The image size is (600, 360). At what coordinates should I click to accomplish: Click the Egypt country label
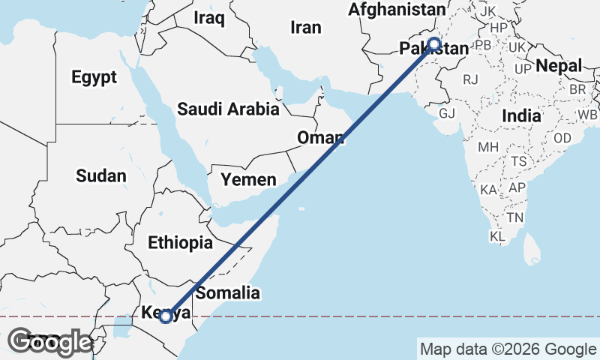click(94, 76)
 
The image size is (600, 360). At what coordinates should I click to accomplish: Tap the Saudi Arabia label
click(228, 109)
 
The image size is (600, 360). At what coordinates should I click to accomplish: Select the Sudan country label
click(100, 176)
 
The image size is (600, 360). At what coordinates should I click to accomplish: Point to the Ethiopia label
click(180, 243)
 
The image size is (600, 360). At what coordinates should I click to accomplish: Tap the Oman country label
click(320, 138)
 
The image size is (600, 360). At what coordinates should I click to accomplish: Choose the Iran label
click(305, 28)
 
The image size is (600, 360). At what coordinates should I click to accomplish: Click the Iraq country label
click(209, 17)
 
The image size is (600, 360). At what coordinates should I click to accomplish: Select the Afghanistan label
click(397, 10)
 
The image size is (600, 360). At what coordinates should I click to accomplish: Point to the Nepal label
click(559, 66)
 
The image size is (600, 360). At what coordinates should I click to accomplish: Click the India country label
click(521, 116)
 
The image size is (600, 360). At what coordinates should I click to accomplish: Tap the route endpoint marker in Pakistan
click(434, 44)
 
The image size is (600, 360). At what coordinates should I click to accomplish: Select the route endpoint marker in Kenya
click(166, 316)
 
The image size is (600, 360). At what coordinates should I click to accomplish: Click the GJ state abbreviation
click(447, 113)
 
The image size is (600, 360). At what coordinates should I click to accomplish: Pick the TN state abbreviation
click(514, 217)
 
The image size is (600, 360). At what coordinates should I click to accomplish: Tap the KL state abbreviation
click(497, 236)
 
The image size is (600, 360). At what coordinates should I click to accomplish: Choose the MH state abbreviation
click(488, 146)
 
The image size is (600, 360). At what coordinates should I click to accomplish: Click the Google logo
click(50, 342)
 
